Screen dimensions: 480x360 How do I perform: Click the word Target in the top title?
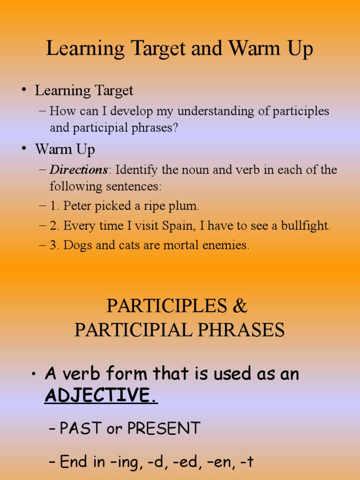pos(158,50)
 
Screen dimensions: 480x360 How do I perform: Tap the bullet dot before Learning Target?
pos(23,90)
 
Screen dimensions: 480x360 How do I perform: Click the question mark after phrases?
pos(175,128)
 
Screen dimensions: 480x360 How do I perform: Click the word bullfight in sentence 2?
pos(305,226)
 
